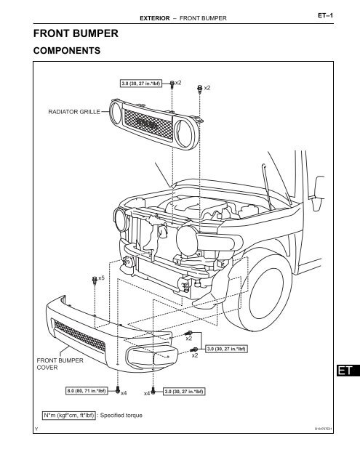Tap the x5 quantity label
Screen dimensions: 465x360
(102, 278)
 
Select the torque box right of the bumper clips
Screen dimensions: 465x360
(229, 349)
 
